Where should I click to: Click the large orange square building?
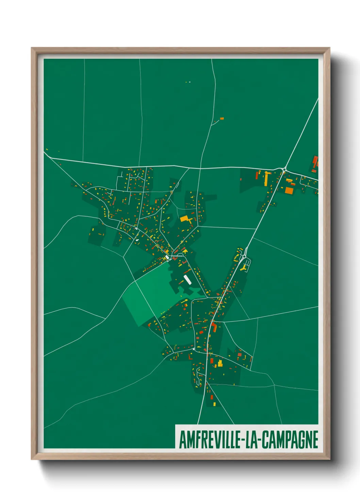point(289,190)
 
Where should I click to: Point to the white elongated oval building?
point(187,279)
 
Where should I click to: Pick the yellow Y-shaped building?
point(243,268)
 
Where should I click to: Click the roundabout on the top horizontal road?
point(284,170)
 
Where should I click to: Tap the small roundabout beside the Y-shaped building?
point(244,256)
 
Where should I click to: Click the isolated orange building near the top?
point(222,119)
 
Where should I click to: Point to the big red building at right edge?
point(315,161)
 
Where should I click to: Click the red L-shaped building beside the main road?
point(214,327)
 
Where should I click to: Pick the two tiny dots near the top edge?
point(188,82)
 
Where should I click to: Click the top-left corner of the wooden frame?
point(32,48)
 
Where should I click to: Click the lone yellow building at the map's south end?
point(214,404)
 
